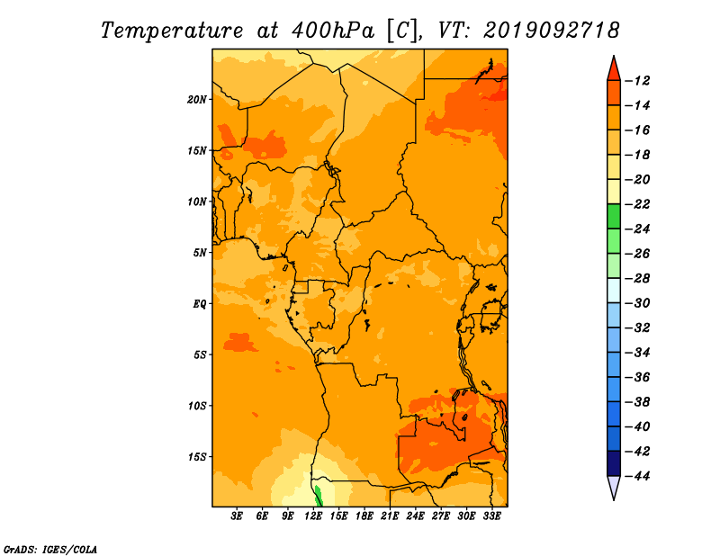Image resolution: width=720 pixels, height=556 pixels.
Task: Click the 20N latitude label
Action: [197, 100]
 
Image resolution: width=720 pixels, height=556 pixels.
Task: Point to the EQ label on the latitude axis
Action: [200, 304]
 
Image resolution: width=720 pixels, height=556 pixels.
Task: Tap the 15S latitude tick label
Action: [197, 457]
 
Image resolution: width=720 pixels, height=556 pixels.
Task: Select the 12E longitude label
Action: [313, 516]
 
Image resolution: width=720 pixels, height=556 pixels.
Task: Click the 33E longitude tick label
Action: [491, 516]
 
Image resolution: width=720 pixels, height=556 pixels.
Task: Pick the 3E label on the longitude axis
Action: [237, 516]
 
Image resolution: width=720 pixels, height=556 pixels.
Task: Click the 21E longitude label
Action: [390, 516]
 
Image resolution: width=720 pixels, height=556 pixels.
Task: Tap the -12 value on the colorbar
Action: [638, 81]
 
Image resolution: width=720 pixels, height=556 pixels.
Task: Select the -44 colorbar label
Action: [638, 476]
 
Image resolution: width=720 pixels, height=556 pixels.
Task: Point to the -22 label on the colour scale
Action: [638, 204]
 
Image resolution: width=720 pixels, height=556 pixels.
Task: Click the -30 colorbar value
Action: [638, 303]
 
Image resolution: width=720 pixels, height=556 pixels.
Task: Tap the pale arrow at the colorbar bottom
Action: [614, 486]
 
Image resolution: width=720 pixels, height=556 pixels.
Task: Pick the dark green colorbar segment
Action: [614, 216]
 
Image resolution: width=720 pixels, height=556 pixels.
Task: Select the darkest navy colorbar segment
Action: [614, 463]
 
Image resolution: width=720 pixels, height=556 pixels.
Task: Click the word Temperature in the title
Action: [172, 31]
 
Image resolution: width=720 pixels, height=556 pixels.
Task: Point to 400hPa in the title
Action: [332, 31]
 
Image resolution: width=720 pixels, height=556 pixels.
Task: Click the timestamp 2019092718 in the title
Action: [551, 31]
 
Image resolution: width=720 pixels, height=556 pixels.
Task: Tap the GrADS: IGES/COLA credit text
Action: [50, 550]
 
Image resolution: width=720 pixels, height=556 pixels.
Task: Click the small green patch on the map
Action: [318, 496]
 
